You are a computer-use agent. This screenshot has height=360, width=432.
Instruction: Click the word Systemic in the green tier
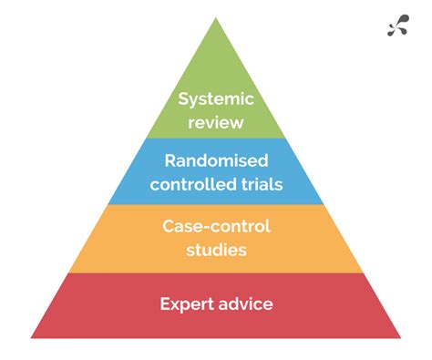[215, 98]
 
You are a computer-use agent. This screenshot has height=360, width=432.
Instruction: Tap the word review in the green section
[215, 121]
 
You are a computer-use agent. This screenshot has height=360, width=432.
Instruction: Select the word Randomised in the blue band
[216, 161]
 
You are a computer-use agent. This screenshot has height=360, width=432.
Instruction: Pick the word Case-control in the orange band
[216, 225]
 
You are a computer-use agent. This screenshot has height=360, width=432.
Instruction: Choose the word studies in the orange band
[216, 248]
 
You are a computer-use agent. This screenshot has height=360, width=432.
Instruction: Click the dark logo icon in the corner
[398, 26]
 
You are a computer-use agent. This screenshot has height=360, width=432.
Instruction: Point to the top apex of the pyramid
[216, 18]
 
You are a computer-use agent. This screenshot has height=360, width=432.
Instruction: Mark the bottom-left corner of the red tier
[34, 337]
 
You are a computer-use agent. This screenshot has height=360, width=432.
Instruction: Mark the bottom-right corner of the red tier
[399, 337]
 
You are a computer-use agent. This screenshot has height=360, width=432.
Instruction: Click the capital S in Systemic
[183, 98]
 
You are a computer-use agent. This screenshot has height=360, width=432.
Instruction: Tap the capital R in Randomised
[170, 161]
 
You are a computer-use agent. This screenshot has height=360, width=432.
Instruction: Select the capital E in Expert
[165, 303]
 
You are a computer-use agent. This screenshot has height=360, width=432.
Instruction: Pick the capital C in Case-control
[168, 225]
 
